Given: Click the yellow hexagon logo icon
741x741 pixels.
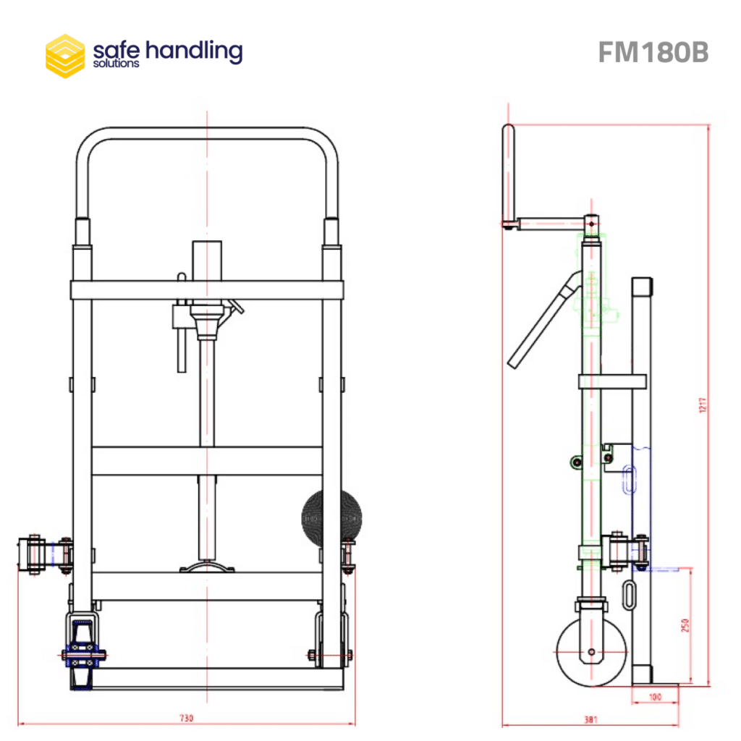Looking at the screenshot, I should tap(65, 56).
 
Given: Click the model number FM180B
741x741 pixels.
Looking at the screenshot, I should tap(653, 52).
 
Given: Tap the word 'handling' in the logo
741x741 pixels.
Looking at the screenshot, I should tap(194, 51).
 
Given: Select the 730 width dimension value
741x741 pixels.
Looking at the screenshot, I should tap(186, 718).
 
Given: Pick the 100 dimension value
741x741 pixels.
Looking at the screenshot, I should tap(655, 697).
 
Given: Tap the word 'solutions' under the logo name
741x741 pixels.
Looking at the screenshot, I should tap(116, 64).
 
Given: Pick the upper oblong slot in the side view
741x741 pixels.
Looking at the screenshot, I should tap(630, 480).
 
